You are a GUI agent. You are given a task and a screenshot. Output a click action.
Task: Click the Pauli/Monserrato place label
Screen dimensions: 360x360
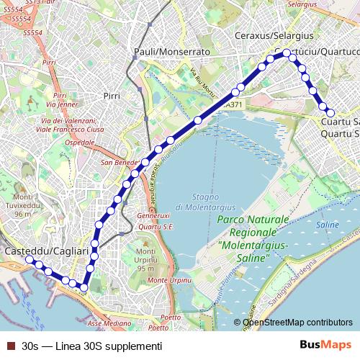[x=172, y=52]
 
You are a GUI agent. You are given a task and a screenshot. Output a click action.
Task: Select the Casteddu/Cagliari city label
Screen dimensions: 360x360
[x=46, y=251]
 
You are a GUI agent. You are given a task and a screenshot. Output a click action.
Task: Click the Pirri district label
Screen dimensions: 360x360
[x=112, y=95]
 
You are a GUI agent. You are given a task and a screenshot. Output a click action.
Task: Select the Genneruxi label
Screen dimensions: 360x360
[x=153, y=215]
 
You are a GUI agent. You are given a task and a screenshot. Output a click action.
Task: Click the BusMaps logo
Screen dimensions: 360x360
[x=325, y=345]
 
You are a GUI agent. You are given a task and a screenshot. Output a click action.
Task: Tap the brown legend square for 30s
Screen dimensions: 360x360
[x=10, y=346]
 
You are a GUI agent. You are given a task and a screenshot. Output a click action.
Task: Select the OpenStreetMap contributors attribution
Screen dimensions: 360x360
[x=297, y=323]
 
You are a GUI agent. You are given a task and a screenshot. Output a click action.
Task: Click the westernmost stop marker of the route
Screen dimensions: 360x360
[x=30, y=259]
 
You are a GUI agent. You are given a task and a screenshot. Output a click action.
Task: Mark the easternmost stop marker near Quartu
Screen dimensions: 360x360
[x=330, y=112]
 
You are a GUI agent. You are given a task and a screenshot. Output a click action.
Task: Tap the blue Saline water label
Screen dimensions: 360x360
[x=328, y=225]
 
